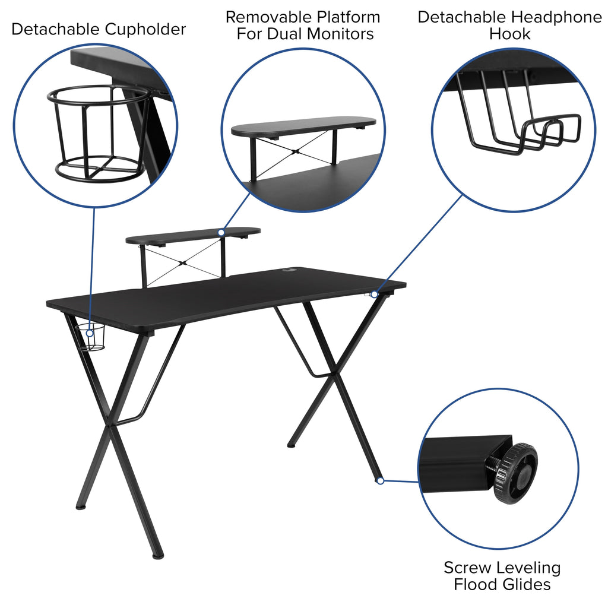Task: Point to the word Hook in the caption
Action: (509, 34)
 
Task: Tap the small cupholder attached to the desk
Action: (93, 338)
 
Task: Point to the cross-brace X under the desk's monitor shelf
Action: (182, 261)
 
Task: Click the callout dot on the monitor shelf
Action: (221, 232)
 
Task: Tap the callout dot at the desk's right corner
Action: (375, 294)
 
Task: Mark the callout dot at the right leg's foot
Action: (381, 480)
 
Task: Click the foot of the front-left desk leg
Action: (157, 556)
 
